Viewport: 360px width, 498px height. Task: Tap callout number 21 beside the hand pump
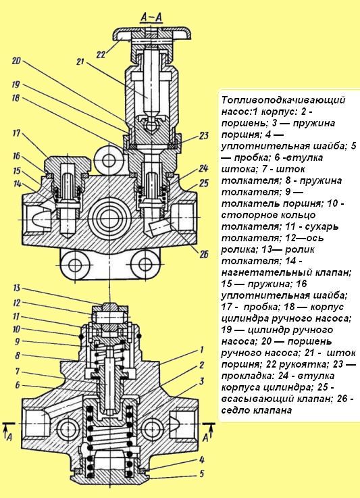[x=80, y=63]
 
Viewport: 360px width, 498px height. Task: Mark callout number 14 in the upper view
[x=15, y=183]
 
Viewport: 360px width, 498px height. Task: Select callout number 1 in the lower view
[x=201, y=350]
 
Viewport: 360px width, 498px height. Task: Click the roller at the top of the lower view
[x=108, y=315]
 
